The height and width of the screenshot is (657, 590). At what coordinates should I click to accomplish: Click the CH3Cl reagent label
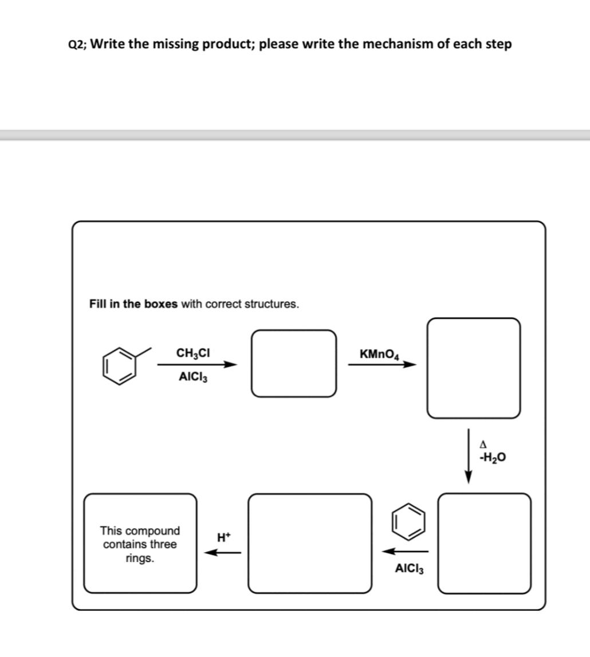coord(193,353)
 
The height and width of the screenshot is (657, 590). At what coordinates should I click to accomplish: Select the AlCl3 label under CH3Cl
coord(193,377)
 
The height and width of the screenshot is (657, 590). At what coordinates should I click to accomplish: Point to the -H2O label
coord(493,458)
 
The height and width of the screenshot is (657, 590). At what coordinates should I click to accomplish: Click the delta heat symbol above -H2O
coord(484,444)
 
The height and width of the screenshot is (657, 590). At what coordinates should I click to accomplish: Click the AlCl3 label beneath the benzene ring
coord(409,568)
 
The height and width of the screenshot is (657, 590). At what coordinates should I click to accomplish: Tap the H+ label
coord(223,537)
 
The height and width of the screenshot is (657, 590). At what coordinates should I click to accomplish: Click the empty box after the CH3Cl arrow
coord(294,363)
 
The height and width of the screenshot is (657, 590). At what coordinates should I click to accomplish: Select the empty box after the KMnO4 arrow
coord(473,368)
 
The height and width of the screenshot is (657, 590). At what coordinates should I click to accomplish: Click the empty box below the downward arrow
coord(484,542)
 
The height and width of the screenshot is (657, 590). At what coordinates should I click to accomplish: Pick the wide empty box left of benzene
coord(310,543)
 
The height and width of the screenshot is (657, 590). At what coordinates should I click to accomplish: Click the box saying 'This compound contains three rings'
coord(140,543)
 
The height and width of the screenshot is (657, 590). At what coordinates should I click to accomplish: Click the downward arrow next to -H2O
coord(469,455)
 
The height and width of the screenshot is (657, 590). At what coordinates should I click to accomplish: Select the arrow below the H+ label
coord(223,553)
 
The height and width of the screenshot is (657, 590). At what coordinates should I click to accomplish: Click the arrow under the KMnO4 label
coord(381,365)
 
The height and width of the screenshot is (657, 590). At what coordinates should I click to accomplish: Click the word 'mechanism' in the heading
coord(404,44)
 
